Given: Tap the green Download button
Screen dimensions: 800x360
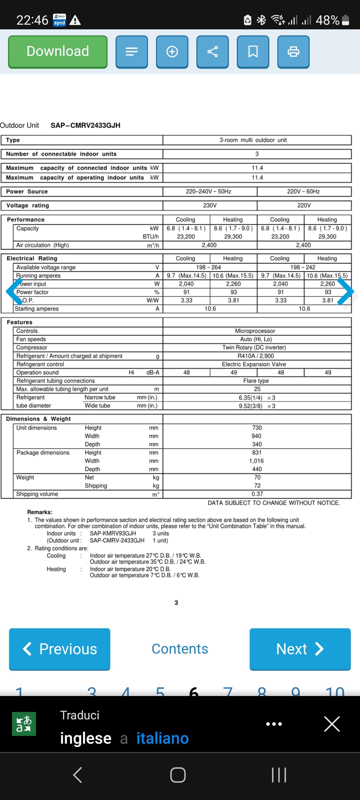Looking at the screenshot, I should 58,52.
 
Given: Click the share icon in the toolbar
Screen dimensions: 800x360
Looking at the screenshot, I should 212,52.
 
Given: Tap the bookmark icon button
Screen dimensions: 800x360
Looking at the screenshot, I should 253,52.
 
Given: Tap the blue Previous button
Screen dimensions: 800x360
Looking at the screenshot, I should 60,649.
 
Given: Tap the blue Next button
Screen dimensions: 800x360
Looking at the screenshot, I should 300,649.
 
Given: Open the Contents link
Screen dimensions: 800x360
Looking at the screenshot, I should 180,649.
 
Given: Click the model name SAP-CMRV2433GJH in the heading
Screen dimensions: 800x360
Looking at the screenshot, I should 85,125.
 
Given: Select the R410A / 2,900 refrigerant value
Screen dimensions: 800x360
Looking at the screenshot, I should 256,356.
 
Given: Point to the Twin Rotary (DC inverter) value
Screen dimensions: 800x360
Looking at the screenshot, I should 254,347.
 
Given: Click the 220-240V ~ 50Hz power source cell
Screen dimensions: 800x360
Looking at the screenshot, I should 209,191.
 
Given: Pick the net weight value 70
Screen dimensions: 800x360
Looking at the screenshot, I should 257,477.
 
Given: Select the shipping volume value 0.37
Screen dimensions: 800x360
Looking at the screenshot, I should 257,494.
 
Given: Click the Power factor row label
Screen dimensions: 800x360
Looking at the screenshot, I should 33,292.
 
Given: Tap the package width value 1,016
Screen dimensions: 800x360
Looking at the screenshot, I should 256,461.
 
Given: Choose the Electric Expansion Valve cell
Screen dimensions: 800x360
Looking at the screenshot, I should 254,364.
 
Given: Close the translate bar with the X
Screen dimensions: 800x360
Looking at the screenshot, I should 332,724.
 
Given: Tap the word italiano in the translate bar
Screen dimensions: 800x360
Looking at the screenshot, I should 163,738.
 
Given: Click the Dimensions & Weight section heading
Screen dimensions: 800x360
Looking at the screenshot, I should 38,419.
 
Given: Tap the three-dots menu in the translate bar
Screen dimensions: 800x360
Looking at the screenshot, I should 274,724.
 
